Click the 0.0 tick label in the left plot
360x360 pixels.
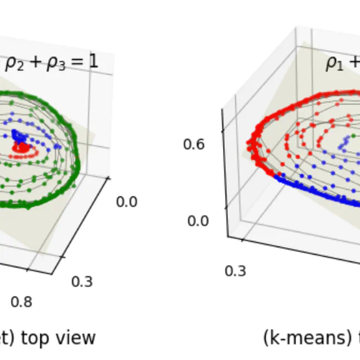coord(126,202)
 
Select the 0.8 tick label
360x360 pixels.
coord(21,302)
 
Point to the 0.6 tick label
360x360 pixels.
coord(193,144)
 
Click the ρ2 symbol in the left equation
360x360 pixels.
coord(14,63)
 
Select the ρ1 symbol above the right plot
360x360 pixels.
coord(335,63)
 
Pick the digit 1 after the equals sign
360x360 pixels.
coord(94,61)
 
